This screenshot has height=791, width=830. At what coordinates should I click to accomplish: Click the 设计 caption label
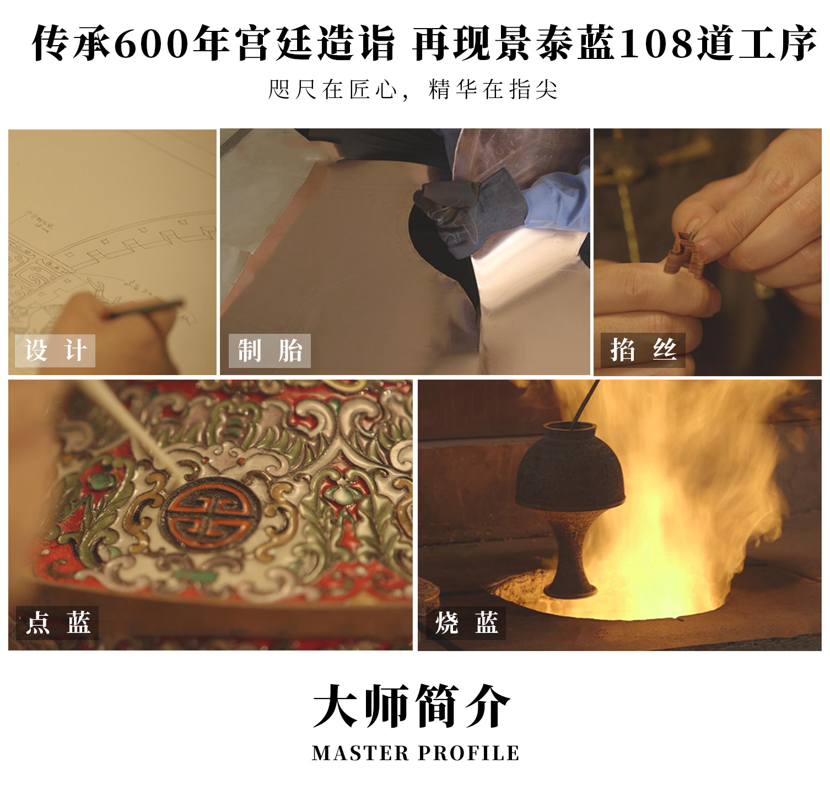[x=55, y=350]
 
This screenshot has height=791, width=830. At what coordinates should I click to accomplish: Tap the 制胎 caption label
[x=270, y=350]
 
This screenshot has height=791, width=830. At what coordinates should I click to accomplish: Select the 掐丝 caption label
[x=643, y=350]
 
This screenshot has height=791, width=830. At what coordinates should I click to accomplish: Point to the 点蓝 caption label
[x=57, y=623]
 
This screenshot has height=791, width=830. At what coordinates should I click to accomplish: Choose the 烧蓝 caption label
[x=466, y=623]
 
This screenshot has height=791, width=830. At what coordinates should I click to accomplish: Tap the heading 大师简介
[x=412, y=706]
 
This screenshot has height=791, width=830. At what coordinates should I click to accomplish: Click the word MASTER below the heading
[x=360, y=753]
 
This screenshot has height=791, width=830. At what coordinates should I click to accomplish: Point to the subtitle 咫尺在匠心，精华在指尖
[x=413, y=89]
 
